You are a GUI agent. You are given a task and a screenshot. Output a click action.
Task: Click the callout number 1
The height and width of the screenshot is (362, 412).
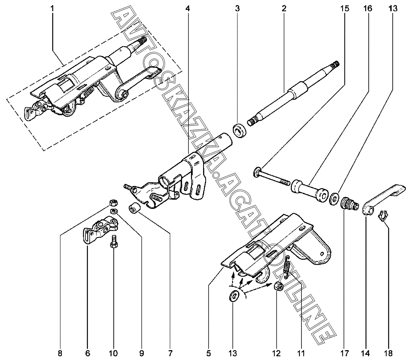52,8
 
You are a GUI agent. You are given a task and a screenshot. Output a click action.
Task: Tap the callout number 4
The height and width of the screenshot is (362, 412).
188,8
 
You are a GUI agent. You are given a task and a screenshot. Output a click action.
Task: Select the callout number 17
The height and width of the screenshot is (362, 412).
344,354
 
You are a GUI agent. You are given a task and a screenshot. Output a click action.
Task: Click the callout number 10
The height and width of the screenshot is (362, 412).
113,354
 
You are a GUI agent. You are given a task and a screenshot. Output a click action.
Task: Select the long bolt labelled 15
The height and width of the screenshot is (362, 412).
272,178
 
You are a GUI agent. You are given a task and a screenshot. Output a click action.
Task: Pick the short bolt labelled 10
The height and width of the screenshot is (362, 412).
114,243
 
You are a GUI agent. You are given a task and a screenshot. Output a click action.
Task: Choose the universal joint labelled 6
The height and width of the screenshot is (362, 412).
98,230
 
